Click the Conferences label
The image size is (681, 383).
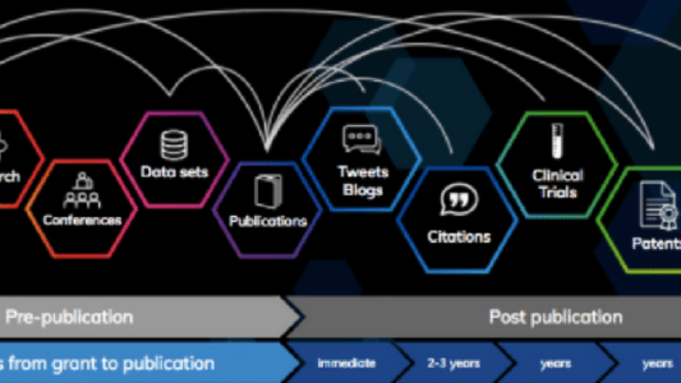coord(82,220)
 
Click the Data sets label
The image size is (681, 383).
coord(173,172)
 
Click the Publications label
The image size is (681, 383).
coord(268,221)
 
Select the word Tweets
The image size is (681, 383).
coord(364,172)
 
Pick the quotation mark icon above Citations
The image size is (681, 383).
coord(459,201)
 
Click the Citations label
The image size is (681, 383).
coord(459,237)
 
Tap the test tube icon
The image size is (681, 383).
coord(558,142)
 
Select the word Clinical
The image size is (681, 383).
coord(558,176)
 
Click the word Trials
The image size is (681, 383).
coord(558,192)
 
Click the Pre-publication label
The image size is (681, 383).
coord(70,316)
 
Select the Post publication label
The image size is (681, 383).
coord(555,316)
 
